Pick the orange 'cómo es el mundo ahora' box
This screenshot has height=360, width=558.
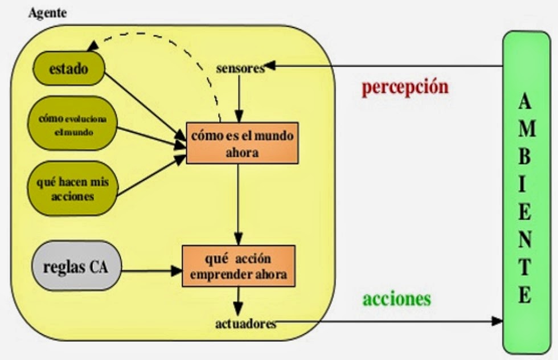(x=242, y=142)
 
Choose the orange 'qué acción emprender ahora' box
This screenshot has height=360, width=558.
(x=239, y=266)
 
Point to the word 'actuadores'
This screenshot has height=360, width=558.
(x=245, y=324)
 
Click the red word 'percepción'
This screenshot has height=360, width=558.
(x=405, y=87)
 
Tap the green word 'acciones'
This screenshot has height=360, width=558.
(x=397, y=299)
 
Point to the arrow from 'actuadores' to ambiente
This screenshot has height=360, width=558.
(x=387, y=322)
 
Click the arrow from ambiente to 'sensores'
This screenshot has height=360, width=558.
(x=387, y=66)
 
